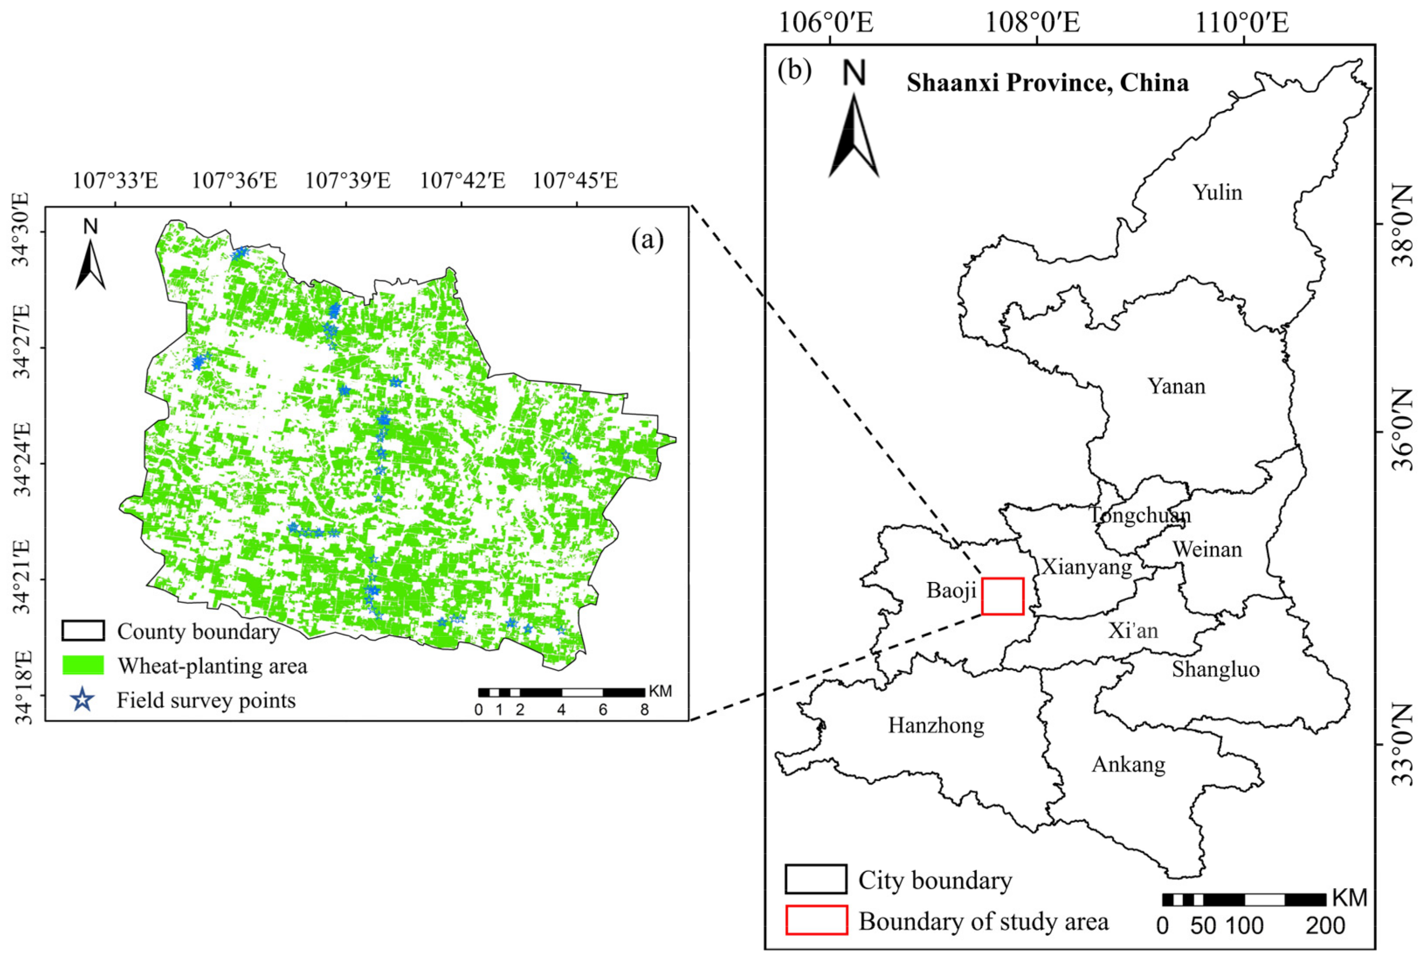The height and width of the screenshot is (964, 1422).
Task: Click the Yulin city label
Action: point(1217,193)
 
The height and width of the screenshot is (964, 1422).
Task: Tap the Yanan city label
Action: point(1176,386)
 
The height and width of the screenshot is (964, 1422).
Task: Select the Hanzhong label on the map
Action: point(936,726)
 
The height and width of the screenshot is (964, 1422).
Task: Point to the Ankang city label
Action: point(1129,764)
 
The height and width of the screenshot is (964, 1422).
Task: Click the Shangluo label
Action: point(1216,669)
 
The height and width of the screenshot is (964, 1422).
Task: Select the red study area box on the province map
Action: point(1002,596)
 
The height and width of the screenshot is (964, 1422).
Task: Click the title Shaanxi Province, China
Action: point(1048,83)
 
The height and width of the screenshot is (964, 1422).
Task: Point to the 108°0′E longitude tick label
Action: point(1032,23)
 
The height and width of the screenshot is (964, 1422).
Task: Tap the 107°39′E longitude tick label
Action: point(348,181)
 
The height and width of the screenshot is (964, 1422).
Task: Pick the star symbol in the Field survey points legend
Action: point(83,700)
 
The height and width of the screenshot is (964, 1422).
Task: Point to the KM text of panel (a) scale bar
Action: point(660,691)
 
